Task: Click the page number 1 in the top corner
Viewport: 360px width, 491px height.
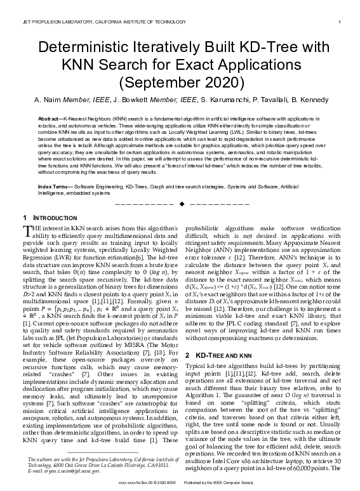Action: [x=341, y=22]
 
